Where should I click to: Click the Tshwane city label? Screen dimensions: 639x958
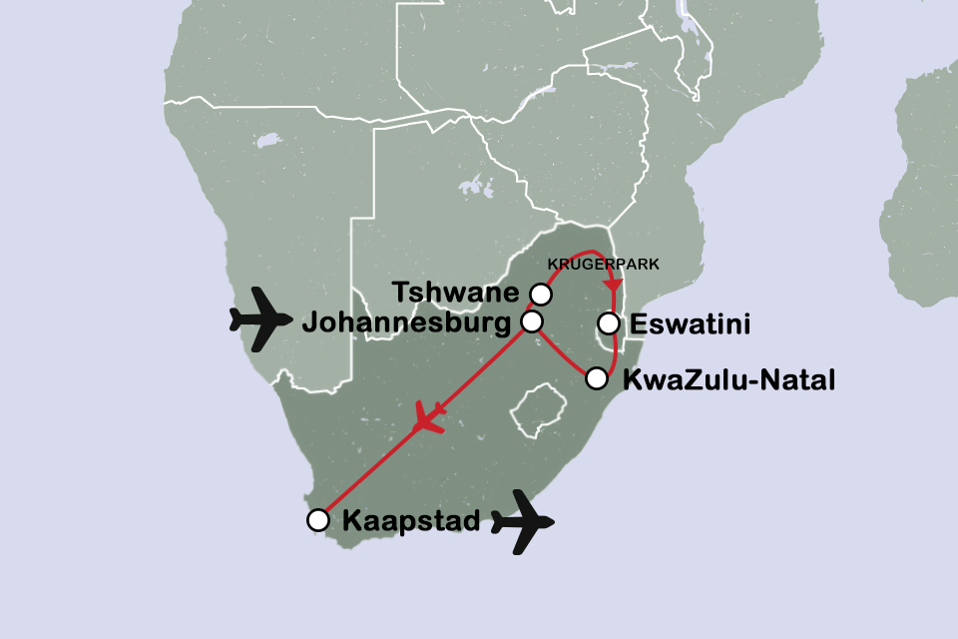coord(457,294)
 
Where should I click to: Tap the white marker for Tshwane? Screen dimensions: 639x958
coord(540,294)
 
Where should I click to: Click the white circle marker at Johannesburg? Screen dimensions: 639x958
coord(532,321)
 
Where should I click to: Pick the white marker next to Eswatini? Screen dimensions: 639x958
coord(607,322)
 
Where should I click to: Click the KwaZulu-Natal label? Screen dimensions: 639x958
coord(727,379)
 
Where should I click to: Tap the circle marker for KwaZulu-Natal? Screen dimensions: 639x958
coord(597,378)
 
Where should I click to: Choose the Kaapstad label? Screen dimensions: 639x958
coord(411,520)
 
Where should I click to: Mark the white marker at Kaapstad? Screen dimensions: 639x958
coord(317,520)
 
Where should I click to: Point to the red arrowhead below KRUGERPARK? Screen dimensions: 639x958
coord(612,286)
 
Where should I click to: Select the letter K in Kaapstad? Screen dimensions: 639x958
coord(351,520)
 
